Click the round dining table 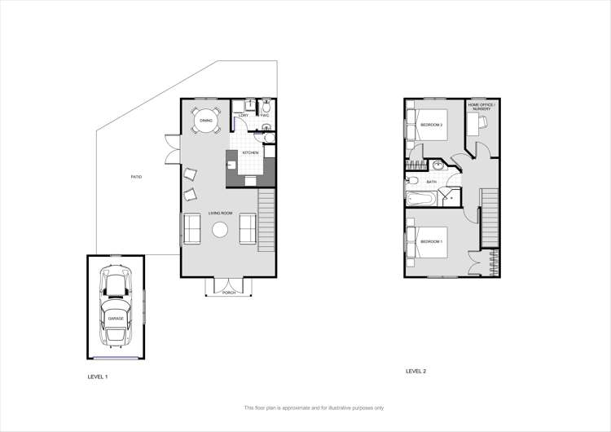click(206, 121)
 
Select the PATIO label click(136, 177)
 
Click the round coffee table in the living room click(220, 231)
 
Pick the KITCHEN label click(250, 152)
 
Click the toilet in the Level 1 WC click(266, 107)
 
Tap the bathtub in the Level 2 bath click(421, 198)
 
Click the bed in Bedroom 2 click(429, 125)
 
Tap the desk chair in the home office click(482, 121)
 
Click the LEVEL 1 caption click(98, 377)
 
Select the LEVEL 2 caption click(415, 371)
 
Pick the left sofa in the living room click(193, 228)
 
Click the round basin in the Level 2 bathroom click(438, 165)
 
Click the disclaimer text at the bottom click(314, 408)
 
